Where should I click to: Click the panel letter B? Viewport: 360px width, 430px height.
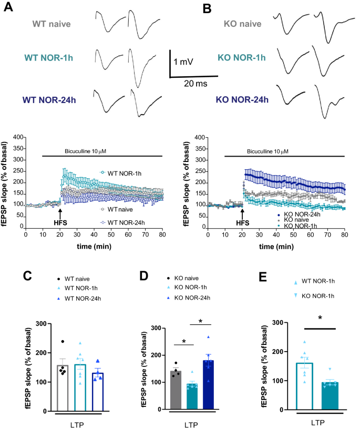coord(193,8)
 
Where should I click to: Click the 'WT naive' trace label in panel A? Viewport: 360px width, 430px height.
coord(51,24)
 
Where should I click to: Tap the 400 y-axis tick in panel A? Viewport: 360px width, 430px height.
coord(18,138)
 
